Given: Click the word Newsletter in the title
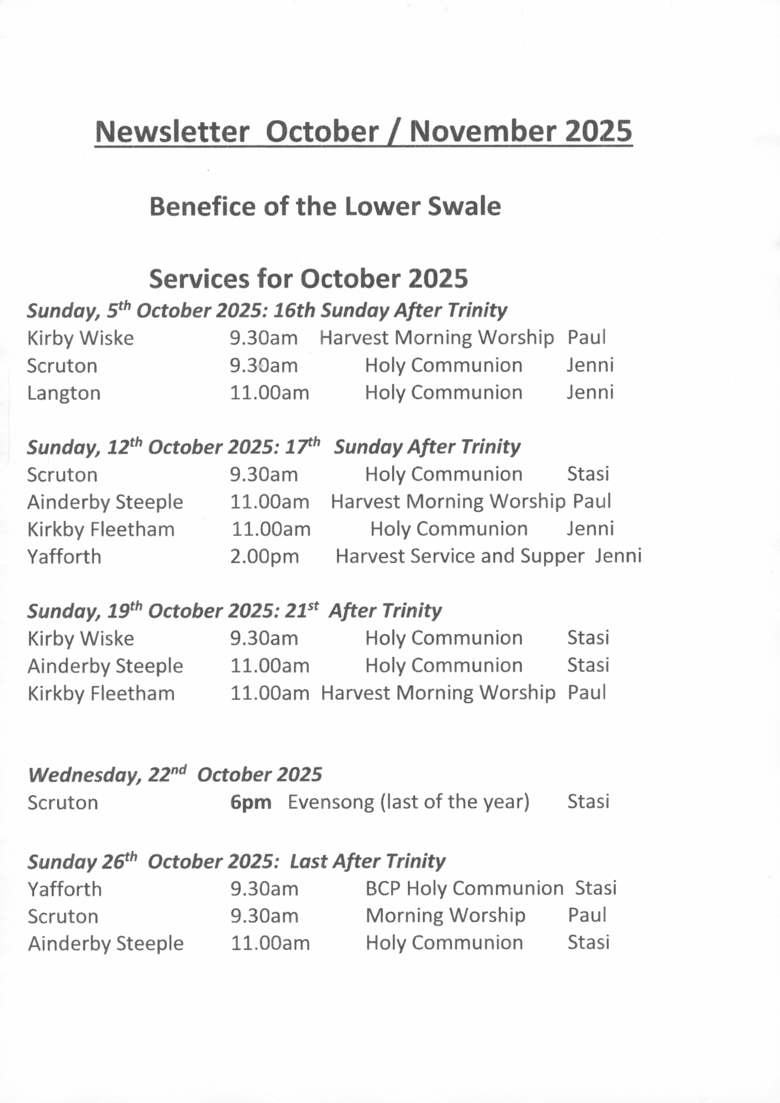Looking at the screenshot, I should (172, 131).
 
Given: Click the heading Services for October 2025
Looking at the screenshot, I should (308, 279).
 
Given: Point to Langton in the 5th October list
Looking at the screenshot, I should (64, 393).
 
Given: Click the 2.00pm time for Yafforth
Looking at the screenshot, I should (264, 556).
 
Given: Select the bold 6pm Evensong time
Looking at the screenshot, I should (251, 803).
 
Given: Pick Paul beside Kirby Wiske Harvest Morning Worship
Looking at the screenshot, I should (586, 337).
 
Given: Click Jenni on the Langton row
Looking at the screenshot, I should (590, 392).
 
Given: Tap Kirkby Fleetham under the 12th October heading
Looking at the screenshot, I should (101, 530).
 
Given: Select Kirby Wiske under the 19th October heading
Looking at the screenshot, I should (81, 639).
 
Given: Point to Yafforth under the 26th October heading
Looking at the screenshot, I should (65, 890).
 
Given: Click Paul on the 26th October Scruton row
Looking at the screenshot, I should (587, 915).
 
